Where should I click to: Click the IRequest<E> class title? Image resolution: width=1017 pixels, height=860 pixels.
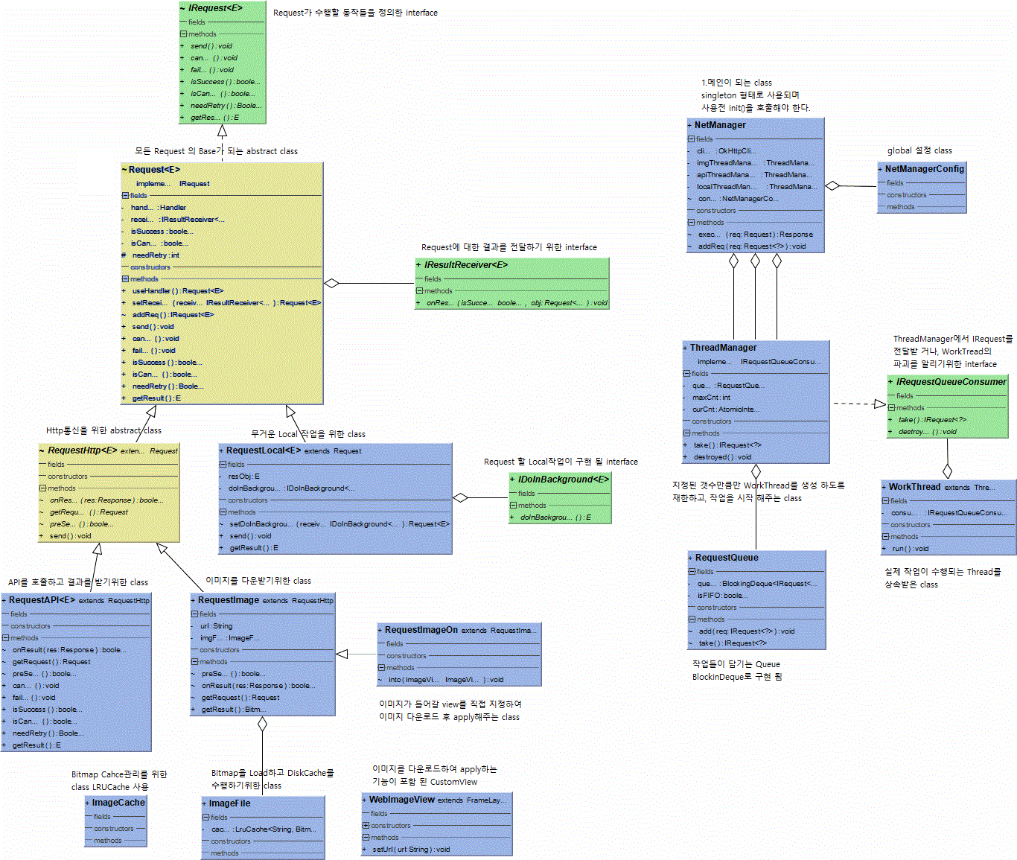tap(215, 8)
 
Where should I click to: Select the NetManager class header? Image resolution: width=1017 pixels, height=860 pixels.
tap(720, 125)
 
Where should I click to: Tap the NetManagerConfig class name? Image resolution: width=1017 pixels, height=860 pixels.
tap(924, 169)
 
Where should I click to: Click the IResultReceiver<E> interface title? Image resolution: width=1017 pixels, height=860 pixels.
tap(466, 264)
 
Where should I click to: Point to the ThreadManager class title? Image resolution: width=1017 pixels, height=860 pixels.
tap(723, 348)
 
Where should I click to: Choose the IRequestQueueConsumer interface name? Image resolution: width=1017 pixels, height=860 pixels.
tap(951, 382)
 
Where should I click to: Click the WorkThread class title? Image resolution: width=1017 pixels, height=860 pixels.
tap(914, 487)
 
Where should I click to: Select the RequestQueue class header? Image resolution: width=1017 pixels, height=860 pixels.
tap(727, 558)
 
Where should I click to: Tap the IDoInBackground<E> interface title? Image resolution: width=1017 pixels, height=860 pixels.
tap(563, 480)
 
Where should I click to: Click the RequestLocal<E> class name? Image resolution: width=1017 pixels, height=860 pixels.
tap(264, 450)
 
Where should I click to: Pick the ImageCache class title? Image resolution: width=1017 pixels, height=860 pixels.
tap(118, 803)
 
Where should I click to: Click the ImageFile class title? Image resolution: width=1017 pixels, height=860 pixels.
tap(229, 803)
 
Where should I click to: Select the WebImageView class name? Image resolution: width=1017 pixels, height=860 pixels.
tap(402, 800)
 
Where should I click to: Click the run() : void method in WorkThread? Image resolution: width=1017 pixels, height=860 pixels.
tap(910, 549)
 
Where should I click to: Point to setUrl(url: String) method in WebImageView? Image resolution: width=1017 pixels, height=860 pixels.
tap(411, 850)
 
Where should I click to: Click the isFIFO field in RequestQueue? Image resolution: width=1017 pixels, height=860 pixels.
tap(722, 596)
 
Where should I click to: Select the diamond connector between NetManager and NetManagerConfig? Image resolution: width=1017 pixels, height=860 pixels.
tap(832, 185)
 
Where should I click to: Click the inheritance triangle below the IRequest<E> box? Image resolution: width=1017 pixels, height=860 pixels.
tap(222, 131)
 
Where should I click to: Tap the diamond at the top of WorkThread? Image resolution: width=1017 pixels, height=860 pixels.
tap(947, 471)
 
